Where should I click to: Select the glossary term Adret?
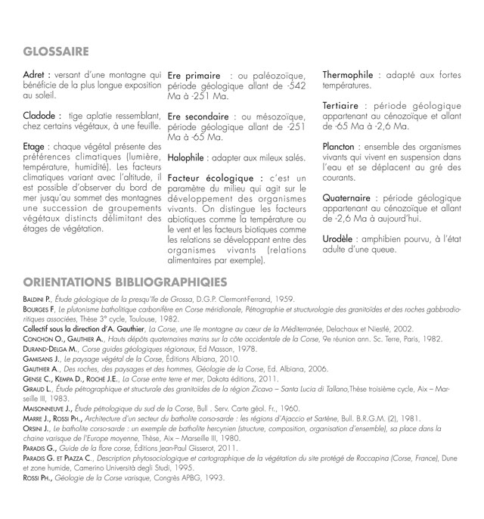[x=37, y=75]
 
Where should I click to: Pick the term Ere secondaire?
[x=198, y=117]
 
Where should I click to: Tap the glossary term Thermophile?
[x=350, y=76]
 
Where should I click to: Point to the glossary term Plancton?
[x=342, y=146]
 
